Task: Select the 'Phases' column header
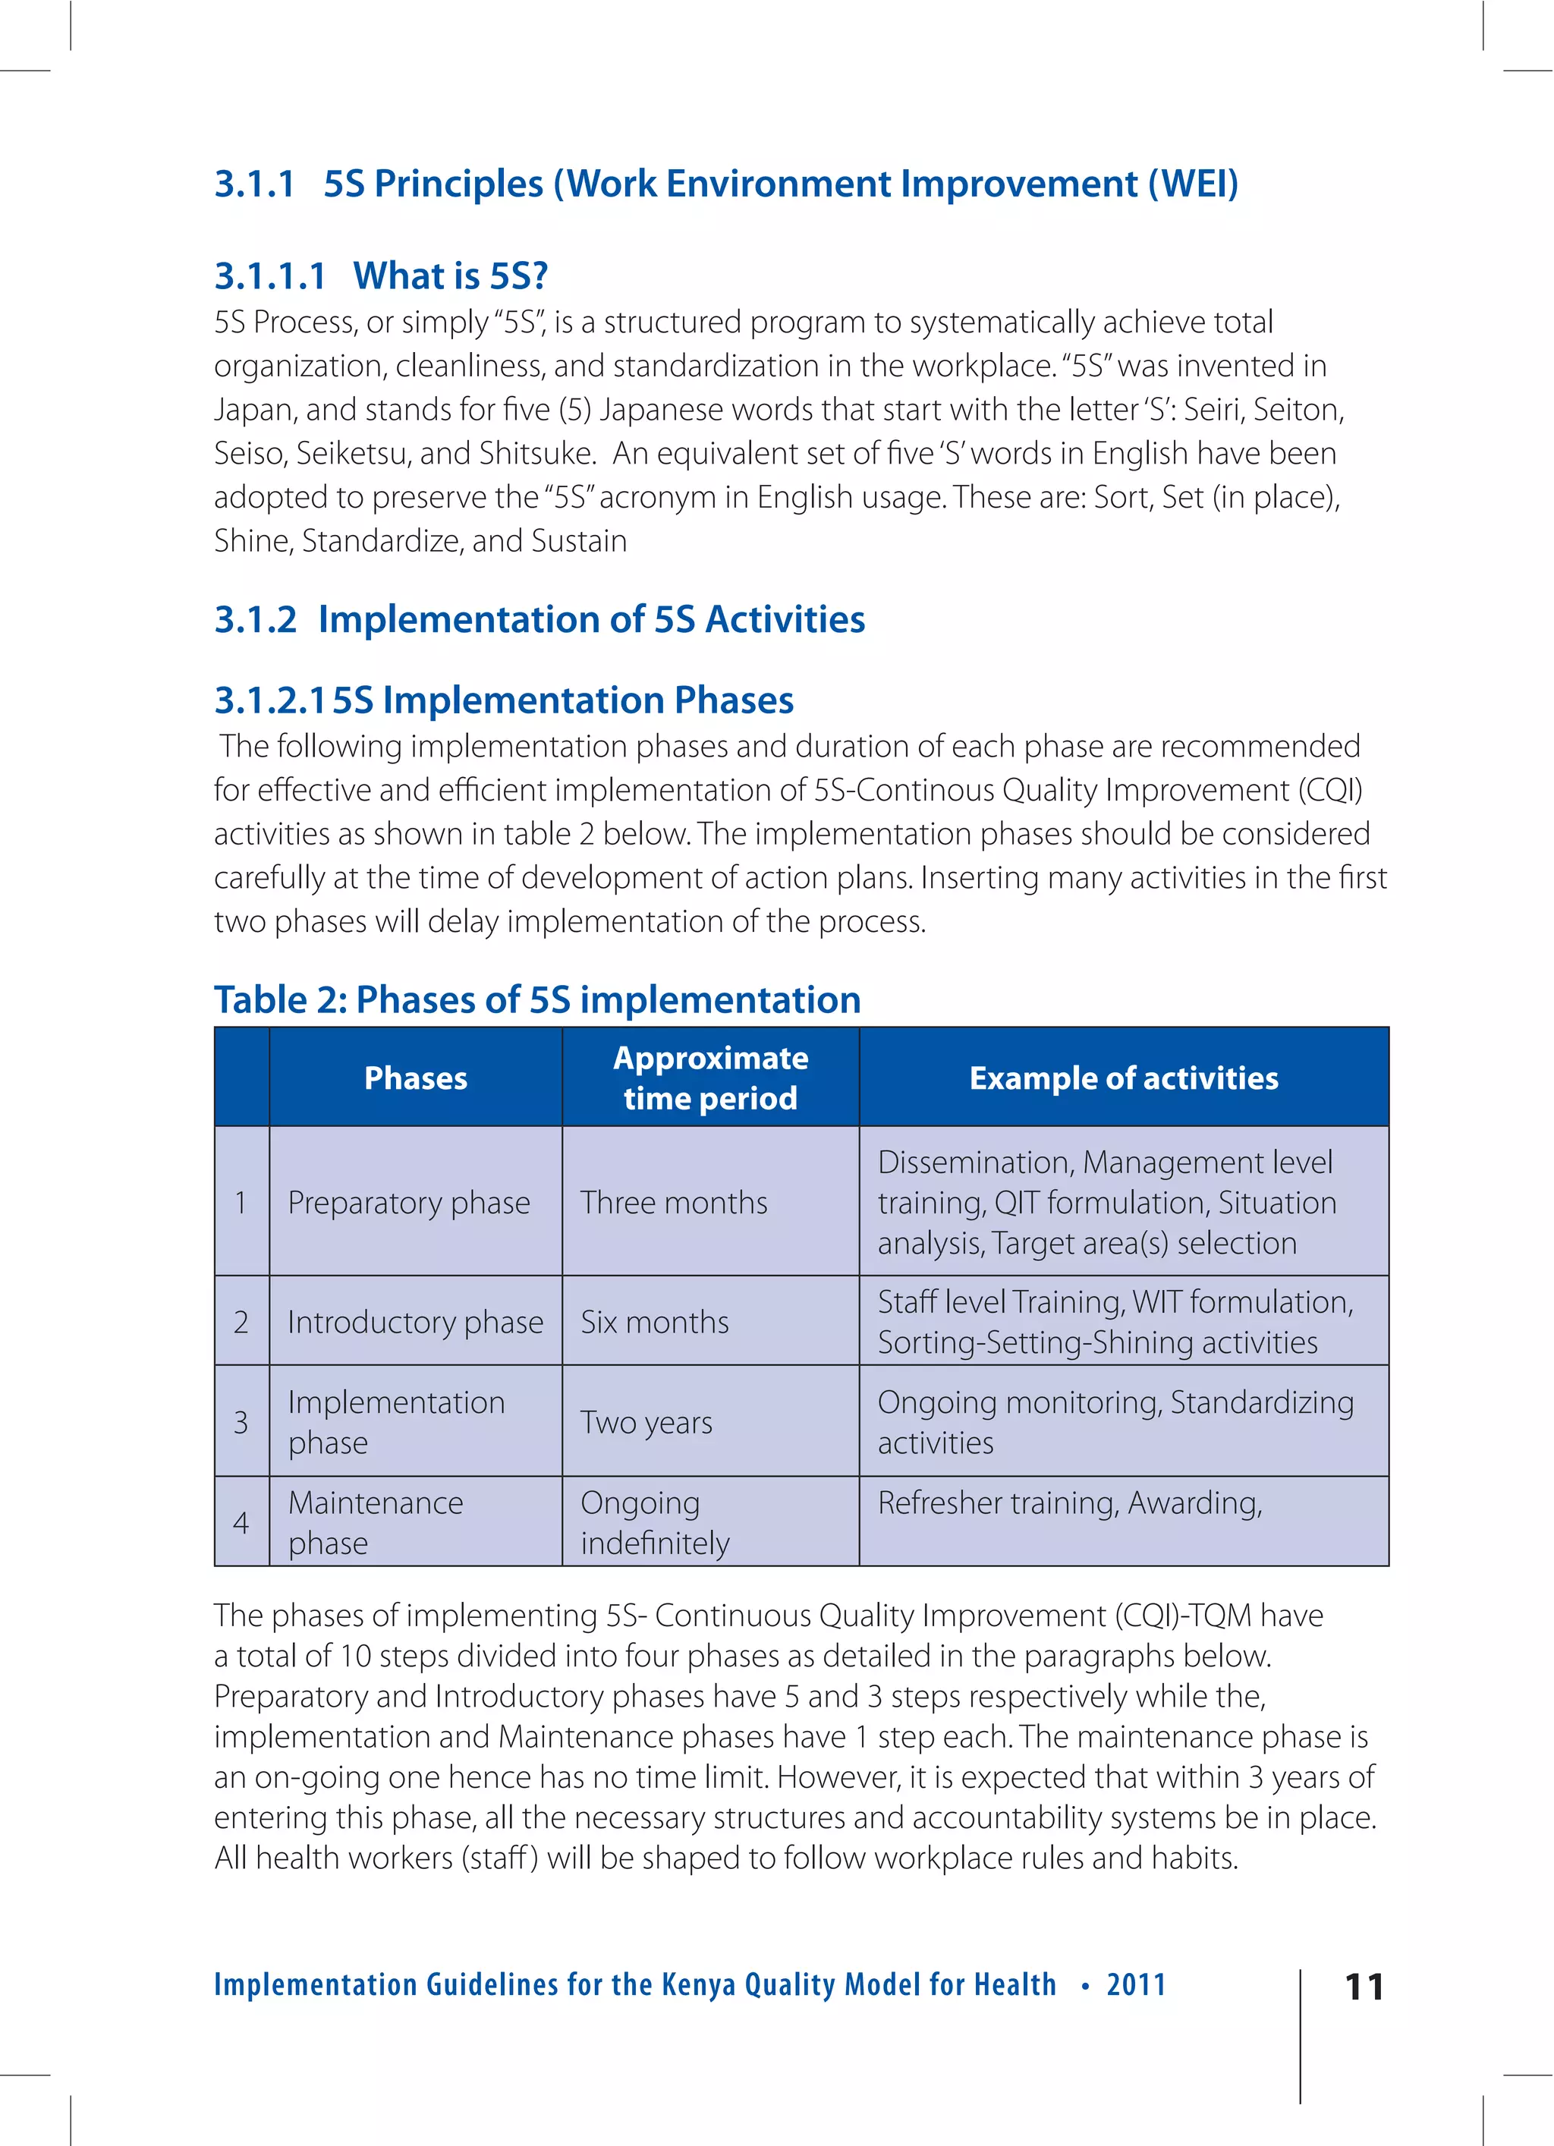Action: click(x=416, y=1078)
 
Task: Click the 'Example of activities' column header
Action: click(x=1123, y=1078)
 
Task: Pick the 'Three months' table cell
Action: click(x=674, y=1203)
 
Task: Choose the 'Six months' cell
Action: click(x=655, y=1322)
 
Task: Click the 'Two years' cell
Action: click(x=646, y=1422)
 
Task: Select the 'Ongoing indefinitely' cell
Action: click(x=655, y=1522)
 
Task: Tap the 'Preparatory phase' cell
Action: click(x=409, y=1203)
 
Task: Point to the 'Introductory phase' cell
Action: click(x=416, y=1322)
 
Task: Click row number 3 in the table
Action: click(x=241, y=1422)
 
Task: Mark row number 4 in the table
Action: click(x=241, y=1522)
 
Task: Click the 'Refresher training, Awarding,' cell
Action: click(x=1069, y=1503)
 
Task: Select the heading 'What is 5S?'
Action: click(x=451, y=275)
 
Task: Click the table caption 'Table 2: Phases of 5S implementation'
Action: click(x=537, y=1000)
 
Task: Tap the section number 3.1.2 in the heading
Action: click(x=256, y=620)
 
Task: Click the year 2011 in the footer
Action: click(x=1136, y=1984)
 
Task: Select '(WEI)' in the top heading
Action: click(x=1193, y=184)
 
